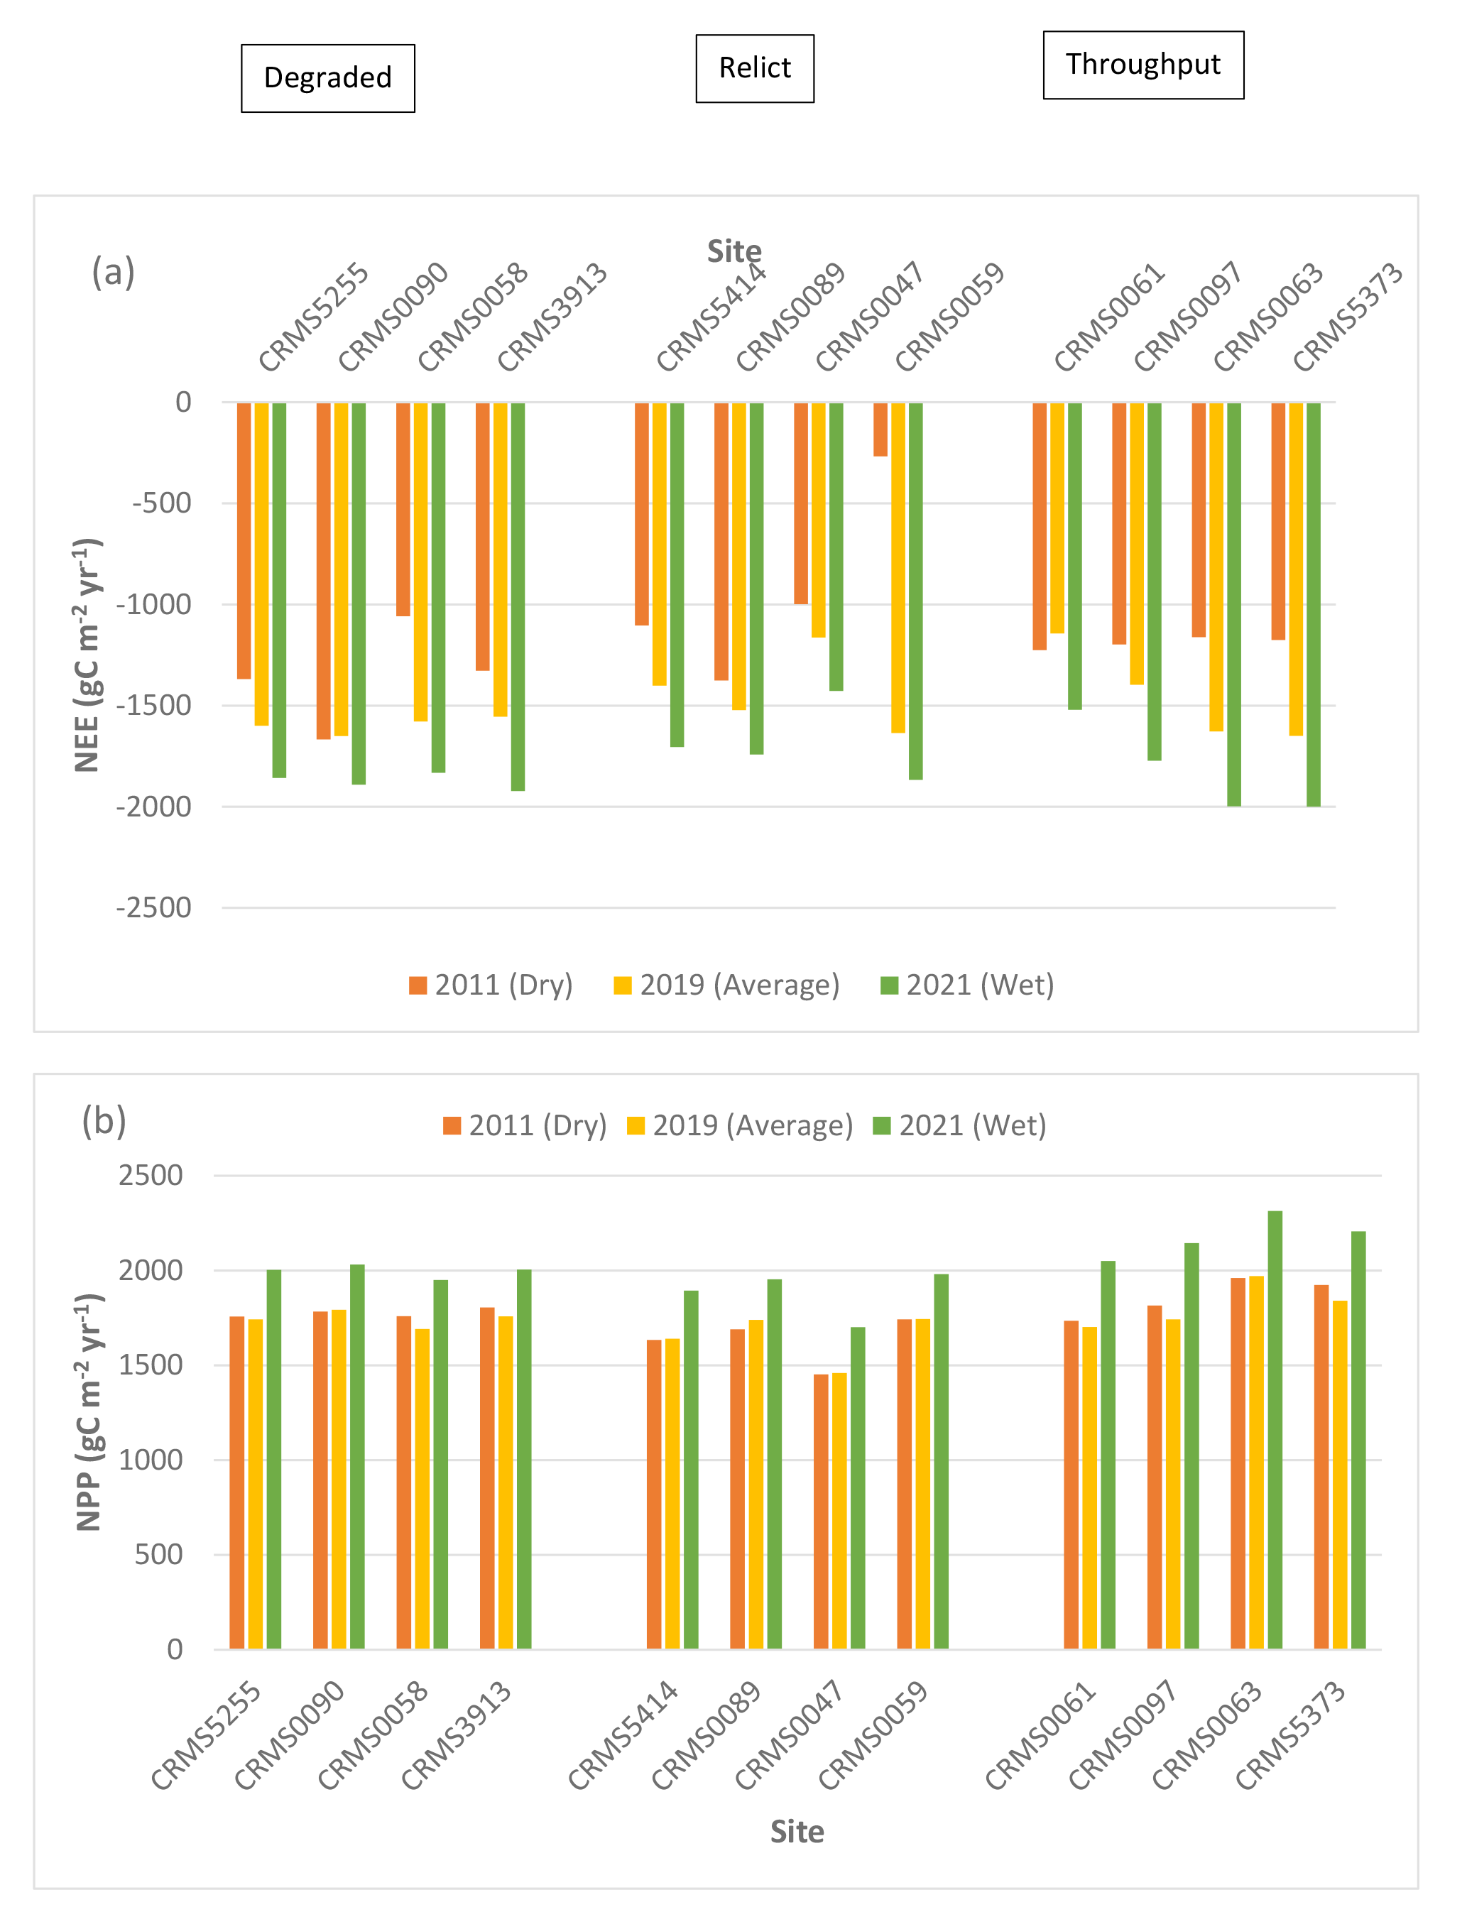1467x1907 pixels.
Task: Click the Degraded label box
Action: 327,77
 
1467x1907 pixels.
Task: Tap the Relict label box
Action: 755,68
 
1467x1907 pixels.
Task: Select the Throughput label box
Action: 1142,65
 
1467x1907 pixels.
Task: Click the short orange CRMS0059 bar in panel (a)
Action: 880,429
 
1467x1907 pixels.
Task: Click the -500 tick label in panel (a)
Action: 162,504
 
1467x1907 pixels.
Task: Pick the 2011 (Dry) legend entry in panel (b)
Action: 525,1125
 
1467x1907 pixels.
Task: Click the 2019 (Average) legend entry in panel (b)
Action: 741,1125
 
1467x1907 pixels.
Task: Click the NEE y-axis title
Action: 87,655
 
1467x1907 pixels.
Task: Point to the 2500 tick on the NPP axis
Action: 151,1175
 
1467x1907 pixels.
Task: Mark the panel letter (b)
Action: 104,1120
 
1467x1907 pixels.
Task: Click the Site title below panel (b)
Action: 797,1831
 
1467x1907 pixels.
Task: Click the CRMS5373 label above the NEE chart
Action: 1348,316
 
